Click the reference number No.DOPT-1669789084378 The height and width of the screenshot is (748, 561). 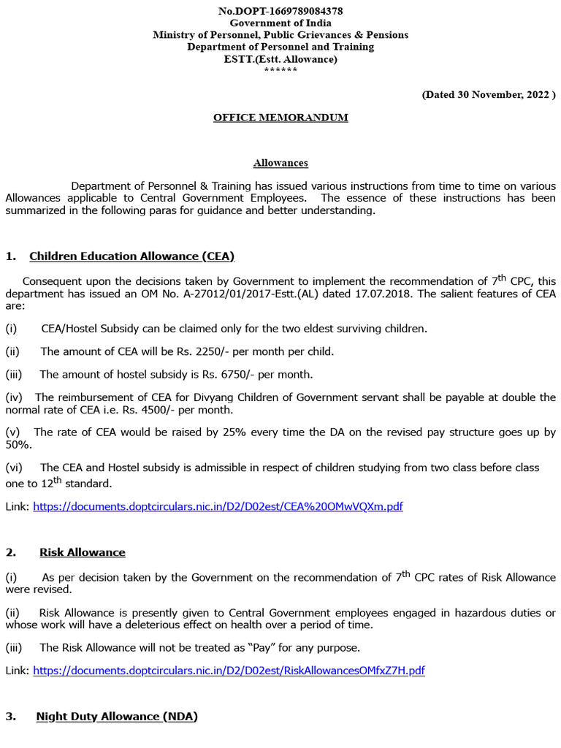point(280,11)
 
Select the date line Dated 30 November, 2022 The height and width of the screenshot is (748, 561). point(489,94)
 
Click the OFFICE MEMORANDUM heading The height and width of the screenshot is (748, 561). point(280,118)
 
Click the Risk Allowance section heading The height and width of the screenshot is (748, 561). point(82,552)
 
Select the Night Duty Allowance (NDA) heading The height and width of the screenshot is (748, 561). point(117,717)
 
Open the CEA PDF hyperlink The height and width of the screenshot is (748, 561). point(218,506)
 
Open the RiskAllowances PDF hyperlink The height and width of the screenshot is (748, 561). point(229,671)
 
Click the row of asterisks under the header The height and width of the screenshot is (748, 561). point(280,70)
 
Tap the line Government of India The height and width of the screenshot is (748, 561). point(280,23)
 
